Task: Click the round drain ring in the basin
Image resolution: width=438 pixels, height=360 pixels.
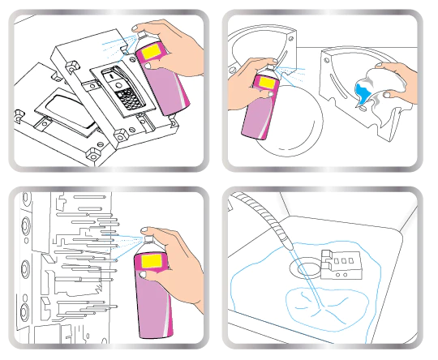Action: pos(308,267)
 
